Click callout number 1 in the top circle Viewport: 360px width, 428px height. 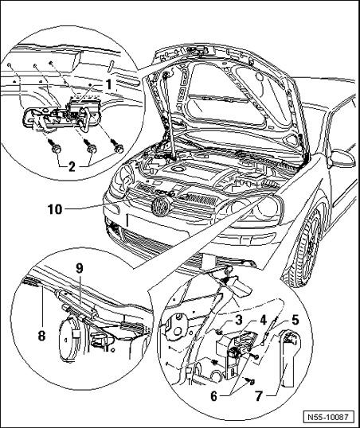[x=109, y=84]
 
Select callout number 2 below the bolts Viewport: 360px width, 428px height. [x=72, y=166]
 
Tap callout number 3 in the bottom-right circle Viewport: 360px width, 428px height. [x=239, y=320]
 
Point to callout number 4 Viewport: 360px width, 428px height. [x=263, y=320]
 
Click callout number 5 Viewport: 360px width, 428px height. [x=295, y=320]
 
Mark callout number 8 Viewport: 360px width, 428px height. [x=41, y=336]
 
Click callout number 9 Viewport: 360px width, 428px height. [x=80, y=268]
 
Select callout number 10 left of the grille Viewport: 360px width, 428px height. [x=55, y=210]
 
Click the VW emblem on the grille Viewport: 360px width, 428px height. [x=161, y=207]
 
